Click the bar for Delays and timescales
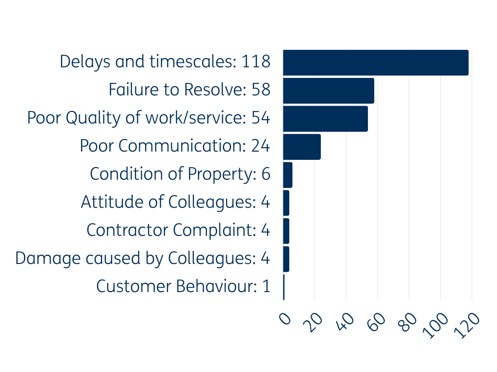(376, 62)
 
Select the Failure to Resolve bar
(329, 91)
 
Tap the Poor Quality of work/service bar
(325, 119)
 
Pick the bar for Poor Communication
(302, 147)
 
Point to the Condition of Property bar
(288, 175)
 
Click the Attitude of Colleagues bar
(286, 203)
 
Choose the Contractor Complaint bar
(286, 231)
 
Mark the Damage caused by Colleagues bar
(286, 259)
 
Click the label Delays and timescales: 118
(165, 62)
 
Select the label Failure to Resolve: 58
(189, 90)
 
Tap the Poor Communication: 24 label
(175, 146)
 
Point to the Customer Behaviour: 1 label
(183, 287)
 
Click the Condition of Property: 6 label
(180, 174)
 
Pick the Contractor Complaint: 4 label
(178, 231)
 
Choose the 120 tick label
(468, 325)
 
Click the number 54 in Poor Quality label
(261, 118)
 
